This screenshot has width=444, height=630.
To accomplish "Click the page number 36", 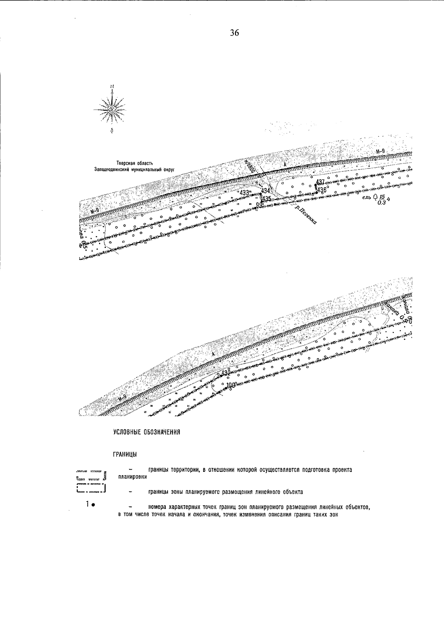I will (235, 33).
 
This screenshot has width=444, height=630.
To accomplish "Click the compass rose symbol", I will (111, 109).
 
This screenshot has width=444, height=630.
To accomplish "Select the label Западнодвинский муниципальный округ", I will (134, 169).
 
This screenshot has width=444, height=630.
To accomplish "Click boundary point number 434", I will (265, 191).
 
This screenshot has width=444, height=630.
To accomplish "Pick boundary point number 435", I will (266, 199).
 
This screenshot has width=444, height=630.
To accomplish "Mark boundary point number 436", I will (322, 190).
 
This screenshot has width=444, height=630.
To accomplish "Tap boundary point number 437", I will (320, 182).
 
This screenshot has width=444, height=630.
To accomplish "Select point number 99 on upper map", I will (259, 205).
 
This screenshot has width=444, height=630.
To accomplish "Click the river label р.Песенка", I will (307, 216).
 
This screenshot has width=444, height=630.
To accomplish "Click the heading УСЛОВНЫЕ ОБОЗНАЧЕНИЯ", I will (147, 432).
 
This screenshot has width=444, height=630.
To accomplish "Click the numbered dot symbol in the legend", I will (91, 504).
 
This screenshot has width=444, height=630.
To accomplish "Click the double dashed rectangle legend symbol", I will (91, 475).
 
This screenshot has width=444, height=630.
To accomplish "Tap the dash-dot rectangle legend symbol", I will (91, 489).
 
